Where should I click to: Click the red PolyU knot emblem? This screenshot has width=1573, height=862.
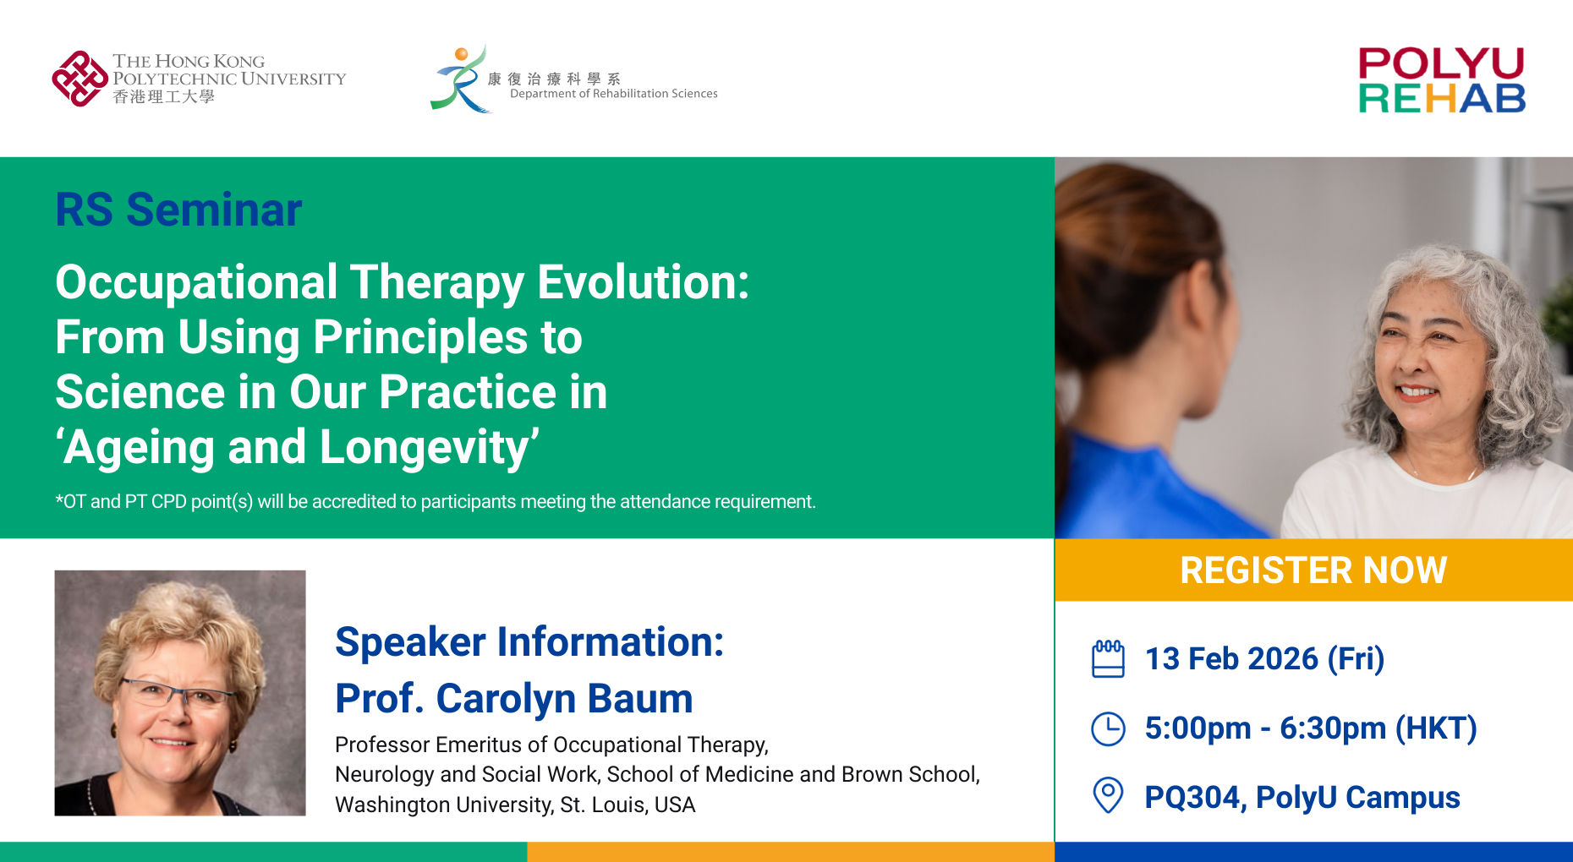(79, 79)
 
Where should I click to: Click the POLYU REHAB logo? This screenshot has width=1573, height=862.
(1441, 81)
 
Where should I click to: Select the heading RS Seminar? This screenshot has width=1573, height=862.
(178, 210)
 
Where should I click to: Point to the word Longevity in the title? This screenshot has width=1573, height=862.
(429, 447)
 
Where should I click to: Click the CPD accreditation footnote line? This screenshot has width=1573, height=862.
(435, 502)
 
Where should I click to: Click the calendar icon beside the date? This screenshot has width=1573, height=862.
(1108, 659)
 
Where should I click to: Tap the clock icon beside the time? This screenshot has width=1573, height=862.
(1108, 728)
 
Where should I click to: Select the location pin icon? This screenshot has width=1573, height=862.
(1108, 795)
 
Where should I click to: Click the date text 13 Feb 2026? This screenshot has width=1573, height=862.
(1231, 659)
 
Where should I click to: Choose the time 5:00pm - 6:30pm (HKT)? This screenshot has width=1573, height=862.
(1310, 728)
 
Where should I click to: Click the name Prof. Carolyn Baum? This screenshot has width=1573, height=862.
(513, 699)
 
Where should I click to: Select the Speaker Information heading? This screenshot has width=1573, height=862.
(529, 642)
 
